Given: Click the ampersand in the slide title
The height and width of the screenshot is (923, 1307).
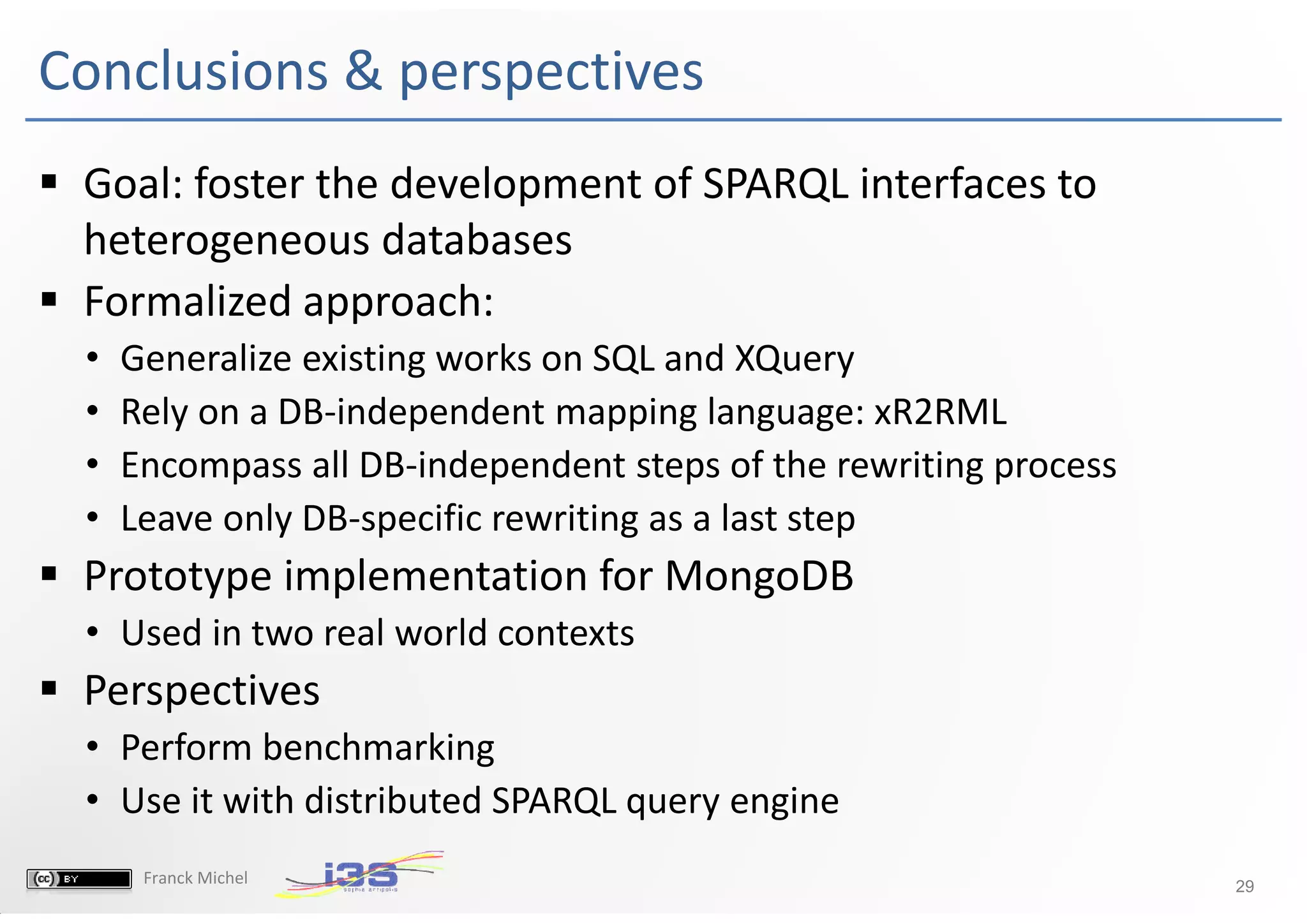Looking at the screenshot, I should [363, 71].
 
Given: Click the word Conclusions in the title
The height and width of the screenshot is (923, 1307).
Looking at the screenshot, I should [183, 71].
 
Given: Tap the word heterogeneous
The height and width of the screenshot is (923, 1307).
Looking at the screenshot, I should [227, 241].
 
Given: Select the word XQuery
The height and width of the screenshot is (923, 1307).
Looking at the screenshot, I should [794, 359].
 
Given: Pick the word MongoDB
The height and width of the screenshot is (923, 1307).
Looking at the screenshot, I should [759, 576].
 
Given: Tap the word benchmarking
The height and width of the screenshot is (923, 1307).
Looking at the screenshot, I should [378, 748].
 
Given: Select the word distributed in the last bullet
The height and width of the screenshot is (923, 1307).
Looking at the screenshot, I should [393, 801].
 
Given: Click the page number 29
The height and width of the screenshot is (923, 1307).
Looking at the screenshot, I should [1244, 886].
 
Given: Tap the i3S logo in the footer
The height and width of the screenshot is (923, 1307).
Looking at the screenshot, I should [361, 875].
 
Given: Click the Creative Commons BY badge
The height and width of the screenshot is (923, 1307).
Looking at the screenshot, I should [79, 879].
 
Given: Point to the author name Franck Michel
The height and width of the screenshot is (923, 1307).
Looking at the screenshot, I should [195, 878].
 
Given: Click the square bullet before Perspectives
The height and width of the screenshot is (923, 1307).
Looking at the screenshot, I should [49, 688].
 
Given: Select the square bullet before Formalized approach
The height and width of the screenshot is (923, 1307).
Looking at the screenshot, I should [49, 299].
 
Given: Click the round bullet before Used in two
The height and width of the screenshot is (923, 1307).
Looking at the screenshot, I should [93, 633].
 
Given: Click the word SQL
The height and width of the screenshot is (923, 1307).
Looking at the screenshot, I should [623, 359].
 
